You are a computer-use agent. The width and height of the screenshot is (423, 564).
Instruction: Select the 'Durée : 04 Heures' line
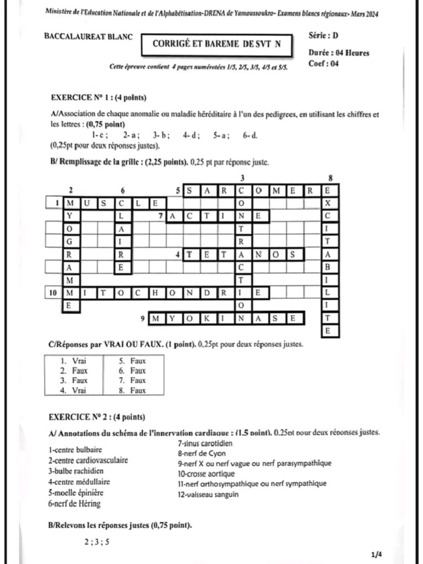click(x=339, y=53)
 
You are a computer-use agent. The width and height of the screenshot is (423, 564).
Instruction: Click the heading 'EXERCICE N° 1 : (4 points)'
click(x=98, y=98)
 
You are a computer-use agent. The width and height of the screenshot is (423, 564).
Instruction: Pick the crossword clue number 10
click(x=53, y=292)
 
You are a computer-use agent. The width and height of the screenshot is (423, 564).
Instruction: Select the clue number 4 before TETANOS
click(x=178, y=254)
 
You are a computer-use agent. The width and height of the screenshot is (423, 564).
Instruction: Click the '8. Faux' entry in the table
click(x=132, y=391)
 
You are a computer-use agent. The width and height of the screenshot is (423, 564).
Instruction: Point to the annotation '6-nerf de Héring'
click(x=74, y=503)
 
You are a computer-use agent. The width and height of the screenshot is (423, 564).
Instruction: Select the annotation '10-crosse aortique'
click(x=206, y=474)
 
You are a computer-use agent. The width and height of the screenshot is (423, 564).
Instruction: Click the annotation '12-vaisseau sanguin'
click(x=208, y=494)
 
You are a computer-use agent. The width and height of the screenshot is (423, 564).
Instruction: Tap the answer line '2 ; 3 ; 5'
click(x=97, y=541)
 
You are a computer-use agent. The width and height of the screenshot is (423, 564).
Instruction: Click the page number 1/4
click(x=377, y=554)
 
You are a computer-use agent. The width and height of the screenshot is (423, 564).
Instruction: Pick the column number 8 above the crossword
click(x=330, y=178)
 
